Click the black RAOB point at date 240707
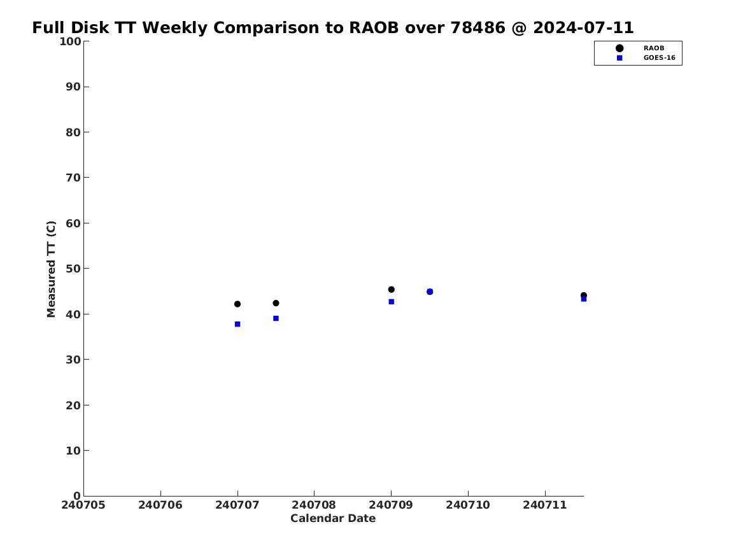(x=237, y=304)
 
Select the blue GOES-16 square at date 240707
(x=237, y=324)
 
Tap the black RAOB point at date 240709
(x=392, y=290)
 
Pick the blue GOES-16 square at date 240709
(x=392, y=302)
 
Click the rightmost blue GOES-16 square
(x=584, y=299)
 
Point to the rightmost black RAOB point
(x=584, y=295)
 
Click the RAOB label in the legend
(x=654, y=48)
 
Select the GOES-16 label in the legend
(x=659, y=58)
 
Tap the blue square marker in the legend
(x=619, y=58)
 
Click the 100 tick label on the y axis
(x=69, y=41)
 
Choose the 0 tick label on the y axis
(x=77, y=496)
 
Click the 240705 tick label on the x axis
(x=83, y=505)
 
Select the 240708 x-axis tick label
(x=314, y=505)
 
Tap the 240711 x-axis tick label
(x=545, y=505)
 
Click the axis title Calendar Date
(x=333, y=519)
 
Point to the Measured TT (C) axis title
(x=51, y=269)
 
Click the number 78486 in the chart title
(x=478, y=27)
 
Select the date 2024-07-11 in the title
(x=583, y=27)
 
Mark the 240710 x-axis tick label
(x=468, y=505)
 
